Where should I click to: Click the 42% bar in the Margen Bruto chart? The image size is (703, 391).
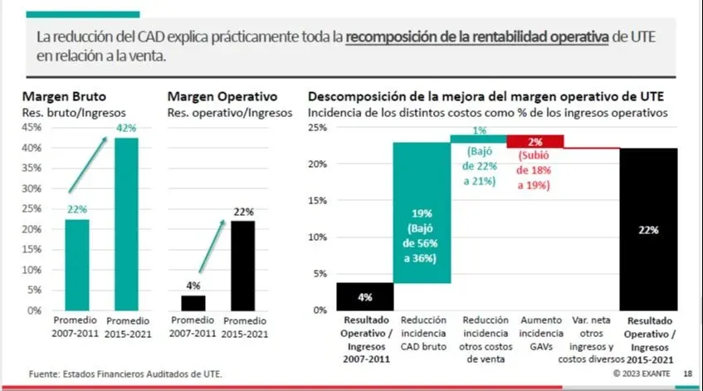[126, 224]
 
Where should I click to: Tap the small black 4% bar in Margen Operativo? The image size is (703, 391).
[193, 302]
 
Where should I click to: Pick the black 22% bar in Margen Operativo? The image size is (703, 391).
[243, 265]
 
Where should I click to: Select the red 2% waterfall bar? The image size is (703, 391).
[535, 141]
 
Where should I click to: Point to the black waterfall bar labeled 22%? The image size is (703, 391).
[648, 229]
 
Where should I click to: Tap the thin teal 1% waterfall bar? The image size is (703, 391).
[478, 139]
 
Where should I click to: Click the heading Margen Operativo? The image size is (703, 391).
[222, 96]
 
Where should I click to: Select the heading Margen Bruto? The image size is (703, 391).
[65, 96]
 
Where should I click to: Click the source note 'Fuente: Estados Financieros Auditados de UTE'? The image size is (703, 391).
[125, 374]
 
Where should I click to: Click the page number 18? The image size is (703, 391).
[688, 374]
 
